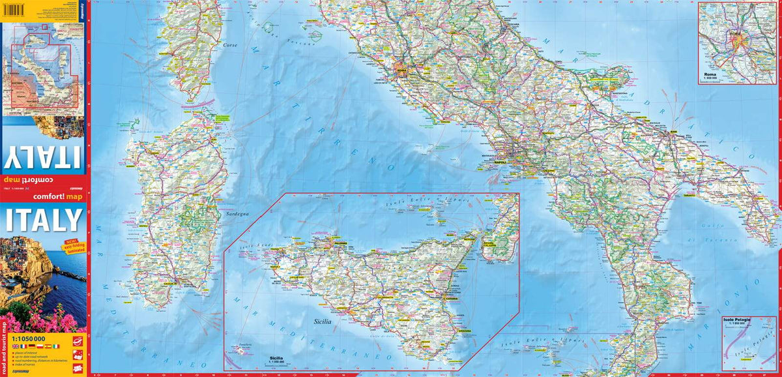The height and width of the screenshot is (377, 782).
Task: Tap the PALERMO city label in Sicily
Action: click(x=340, y=245)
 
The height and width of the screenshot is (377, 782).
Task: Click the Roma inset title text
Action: click(x=711, y=75)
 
